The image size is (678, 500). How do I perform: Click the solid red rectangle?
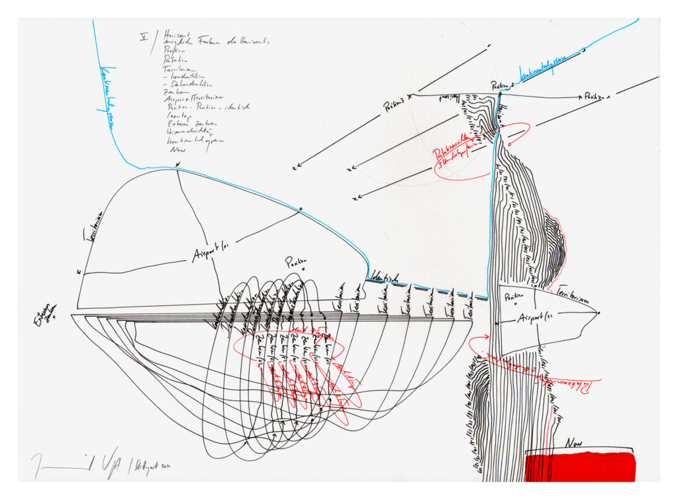(580, 466)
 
